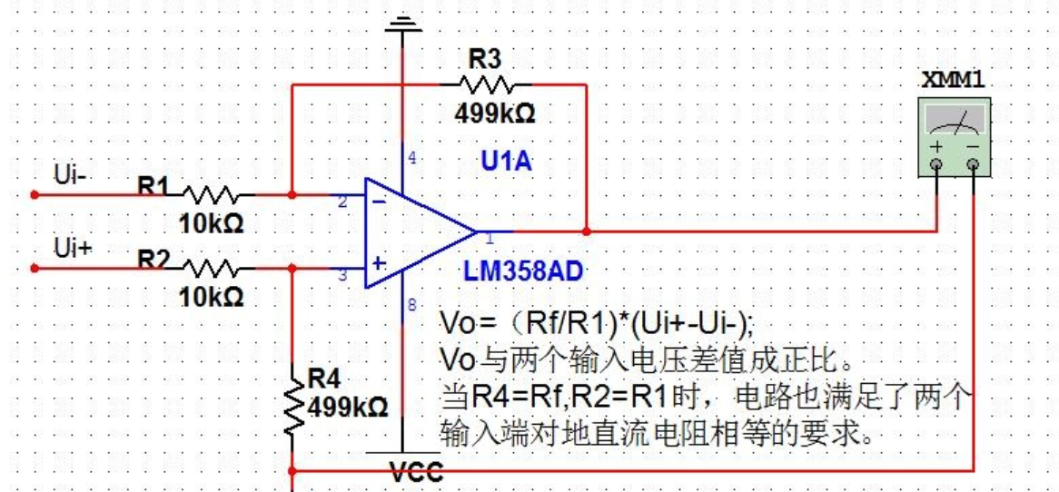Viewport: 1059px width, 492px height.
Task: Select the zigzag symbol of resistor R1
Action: click(x=211, y=194)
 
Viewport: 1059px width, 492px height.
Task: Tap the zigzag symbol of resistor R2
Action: click(x=211, y=268)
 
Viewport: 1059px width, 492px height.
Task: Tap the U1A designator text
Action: click(x=506, y=162)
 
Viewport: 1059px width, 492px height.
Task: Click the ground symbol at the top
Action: click(x=403, y=22)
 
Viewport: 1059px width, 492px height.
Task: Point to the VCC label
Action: click(x=416, y=472)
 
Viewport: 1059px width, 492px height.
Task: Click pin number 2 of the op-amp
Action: click(x=342, y=202)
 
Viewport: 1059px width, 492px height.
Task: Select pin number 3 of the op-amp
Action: click(x=342, y=276)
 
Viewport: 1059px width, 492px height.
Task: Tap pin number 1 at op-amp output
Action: click(x=489, y=239)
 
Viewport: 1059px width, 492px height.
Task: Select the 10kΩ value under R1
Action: click(x=211, y=223)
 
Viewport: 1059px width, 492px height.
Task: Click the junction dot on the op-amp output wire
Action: click(x=588, y=231)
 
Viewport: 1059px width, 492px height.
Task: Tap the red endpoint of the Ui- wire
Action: click(x=35, y=194)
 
